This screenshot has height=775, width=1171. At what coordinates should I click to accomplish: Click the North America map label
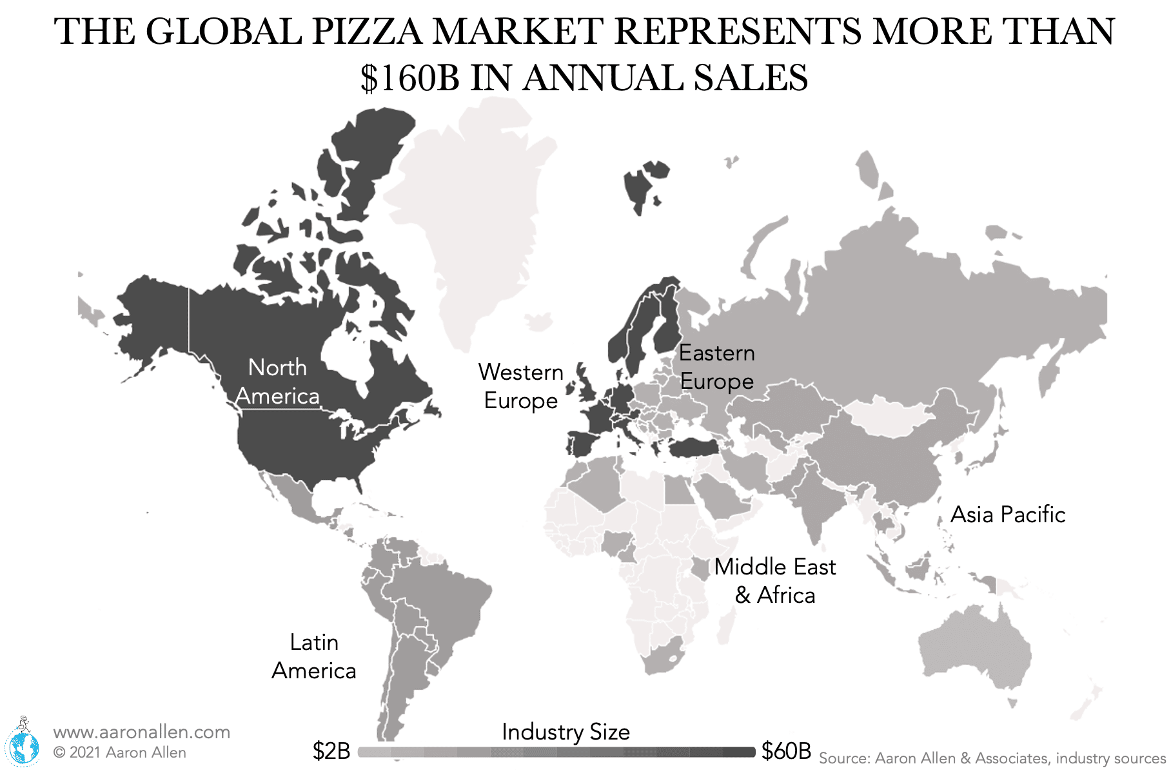point(277,382)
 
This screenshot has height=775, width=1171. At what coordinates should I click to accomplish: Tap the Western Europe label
point(520,386)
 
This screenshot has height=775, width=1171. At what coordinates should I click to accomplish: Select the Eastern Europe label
point(716,367)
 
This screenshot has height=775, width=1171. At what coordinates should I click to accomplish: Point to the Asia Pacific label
point(1007,515)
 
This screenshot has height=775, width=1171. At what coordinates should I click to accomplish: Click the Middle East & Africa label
point(774,580)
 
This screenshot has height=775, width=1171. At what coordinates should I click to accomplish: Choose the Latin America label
point(313,656)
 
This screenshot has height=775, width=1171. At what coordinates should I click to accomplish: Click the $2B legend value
point(331,751)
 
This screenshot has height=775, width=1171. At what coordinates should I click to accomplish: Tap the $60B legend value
point(786,751)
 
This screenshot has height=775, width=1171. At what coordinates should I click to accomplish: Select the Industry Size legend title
point(566,732)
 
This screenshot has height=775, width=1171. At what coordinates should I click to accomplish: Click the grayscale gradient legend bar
point(556,752)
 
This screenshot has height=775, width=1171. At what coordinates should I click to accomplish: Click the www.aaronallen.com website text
point(141,732)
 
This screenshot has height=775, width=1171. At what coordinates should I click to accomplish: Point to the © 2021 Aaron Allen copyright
point(120,752)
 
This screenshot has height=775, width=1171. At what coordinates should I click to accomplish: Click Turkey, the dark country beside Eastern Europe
point(693,447)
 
